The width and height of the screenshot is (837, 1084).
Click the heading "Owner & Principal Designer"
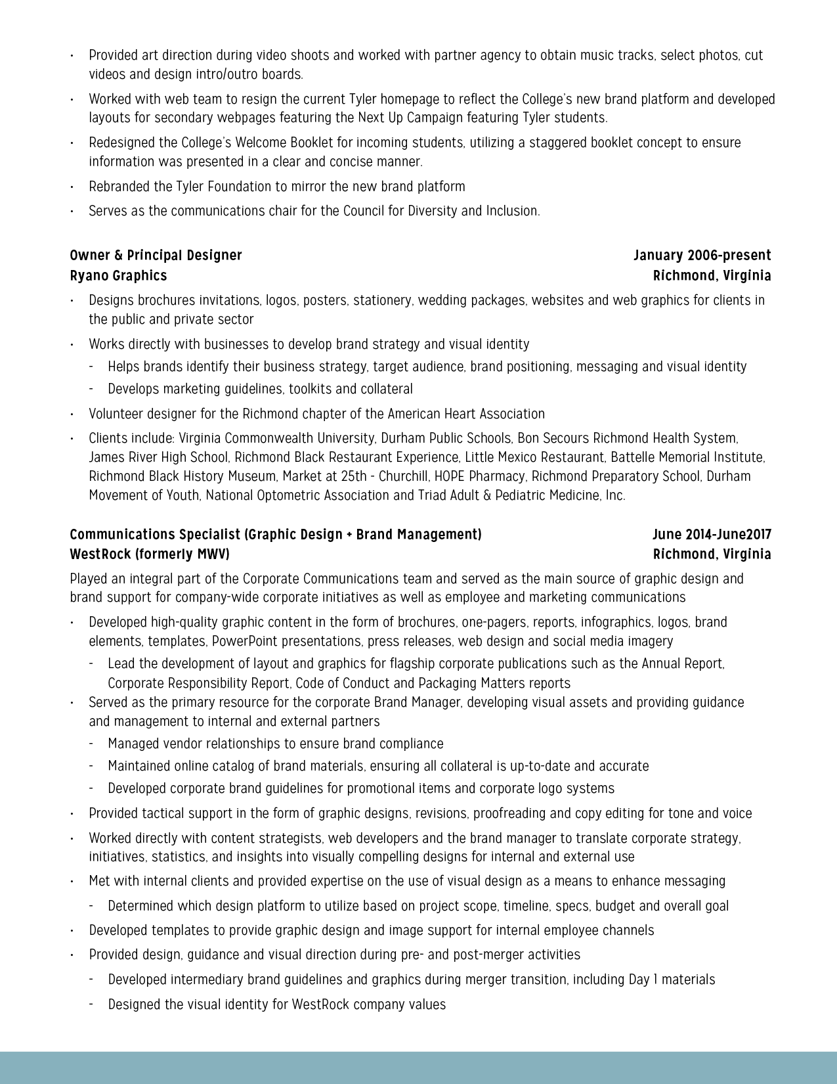point(156,256)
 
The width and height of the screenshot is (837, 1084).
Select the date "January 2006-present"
point(702,256)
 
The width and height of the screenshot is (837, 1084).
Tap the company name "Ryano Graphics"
point(118,276)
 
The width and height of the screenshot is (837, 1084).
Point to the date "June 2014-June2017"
point(712,535)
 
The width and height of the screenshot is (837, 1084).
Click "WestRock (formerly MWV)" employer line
point(150,554)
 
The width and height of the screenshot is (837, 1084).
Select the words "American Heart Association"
point(466,414)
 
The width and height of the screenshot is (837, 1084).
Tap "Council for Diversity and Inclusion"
point(441,211)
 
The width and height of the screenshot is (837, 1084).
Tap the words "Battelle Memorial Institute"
point(687,457)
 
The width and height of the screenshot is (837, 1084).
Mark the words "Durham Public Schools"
point(446,438)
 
